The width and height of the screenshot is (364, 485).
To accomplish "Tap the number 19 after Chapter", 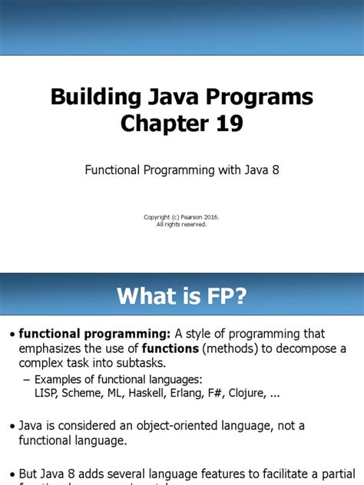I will (225, 123).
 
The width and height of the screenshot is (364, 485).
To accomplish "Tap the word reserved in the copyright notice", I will (193, 224).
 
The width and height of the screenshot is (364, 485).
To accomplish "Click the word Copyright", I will (158, 217).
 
